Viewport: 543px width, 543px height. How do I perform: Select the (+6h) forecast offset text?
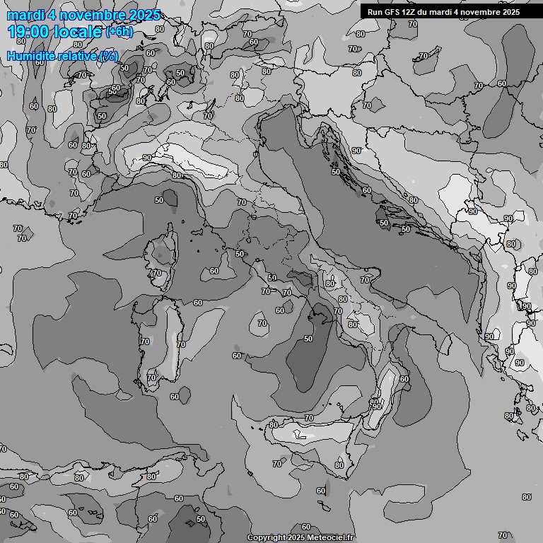tap(118, 32)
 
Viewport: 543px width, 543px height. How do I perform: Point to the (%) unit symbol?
tap(108, 56)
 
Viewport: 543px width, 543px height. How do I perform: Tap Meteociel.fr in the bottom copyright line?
tap(331, 537)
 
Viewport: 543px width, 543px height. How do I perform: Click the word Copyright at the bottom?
tap(267, 537)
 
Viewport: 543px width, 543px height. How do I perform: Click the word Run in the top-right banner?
tap(374, 12)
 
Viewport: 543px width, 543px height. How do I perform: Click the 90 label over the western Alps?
tap(147, 158)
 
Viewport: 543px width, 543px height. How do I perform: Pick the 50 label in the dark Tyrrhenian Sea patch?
tap(308, 339)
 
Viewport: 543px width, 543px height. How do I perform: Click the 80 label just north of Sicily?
tap(274, 425)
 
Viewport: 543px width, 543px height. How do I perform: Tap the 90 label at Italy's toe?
tap(377, 407)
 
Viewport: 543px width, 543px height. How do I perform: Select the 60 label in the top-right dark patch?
tap(501, 83)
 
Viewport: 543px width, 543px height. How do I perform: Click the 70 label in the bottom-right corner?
tap(502, 535)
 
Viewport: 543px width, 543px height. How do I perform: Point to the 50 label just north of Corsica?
tap(159, 200)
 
